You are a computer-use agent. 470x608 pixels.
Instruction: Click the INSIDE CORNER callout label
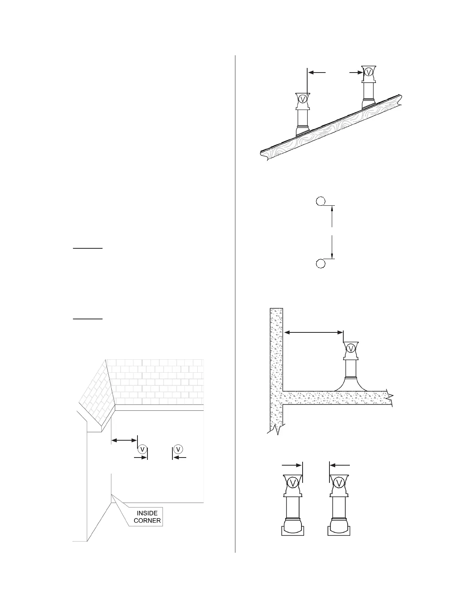pos(147,517)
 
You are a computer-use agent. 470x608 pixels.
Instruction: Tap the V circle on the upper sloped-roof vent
pos(369,72)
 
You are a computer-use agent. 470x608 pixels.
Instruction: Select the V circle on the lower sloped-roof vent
pos(303,99)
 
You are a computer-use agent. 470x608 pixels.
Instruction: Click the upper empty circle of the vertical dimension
pos(321,201)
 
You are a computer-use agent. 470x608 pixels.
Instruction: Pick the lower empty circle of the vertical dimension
pos(321,263)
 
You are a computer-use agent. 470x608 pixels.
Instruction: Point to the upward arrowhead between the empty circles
pos(332,209)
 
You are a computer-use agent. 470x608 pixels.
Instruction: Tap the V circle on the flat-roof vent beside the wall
pos(351,348)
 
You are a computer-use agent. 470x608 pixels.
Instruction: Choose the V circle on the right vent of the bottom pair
pos(339,482)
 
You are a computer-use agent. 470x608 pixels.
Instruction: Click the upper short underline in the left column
pos(88,248)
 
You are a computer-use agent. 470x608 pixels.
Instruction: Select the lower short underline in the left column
pos(88,319)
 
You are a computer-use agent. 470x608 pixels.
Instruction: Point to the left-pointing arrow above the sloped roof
pos(317,72)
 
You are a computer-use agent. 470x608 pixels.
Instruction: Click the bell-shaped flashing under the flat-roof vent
pos(351,385)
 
